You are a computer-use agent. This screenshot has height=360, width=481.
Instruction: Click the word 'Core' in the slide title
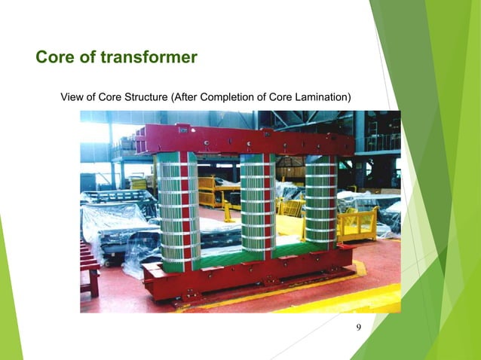click(x=52, y=58)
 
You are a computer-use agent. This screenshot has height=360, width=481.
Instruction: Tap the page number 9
click(x=358, y=326)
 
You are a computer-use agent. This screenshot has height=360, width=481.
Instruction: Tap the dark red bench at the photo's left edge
click(x=89, y=267)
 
